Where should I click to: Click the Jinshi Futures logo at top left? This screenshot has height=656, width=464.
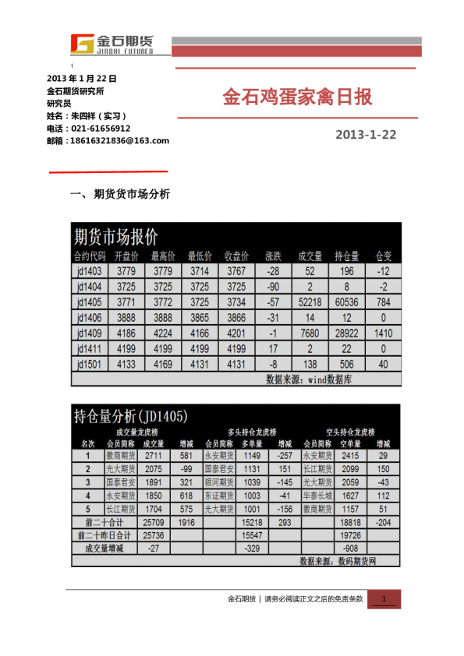pos(111,44)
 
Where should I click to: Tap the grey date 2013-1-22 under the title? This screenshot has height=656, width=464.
pos(365,135)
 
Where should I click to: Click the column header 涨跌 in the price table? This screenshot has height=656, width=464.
pos(272,256)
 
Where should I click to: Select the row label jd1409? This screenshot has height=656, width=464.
pos(90,333)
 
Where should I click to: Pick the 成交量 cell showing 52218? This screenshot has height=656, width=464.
pos(310,302)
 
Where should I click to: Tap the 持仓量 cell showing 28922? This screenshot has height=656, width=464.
pos(346,333)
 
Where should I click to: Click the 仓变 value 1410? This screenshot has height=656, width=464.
pos(384,333)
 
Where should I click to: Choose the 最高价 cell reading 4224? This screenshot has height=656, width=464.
pos(162,333)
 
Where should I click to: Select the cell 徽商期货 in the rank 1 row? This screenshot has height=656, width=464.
pos(121,455)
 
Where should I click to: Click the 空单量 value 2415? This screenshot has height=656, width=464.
pos(350,455)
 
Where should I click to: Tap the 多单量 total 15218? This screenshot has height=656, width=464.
pos(250,521)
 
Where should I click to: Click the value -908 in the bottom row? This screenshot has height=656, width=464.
pos(350,548)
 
